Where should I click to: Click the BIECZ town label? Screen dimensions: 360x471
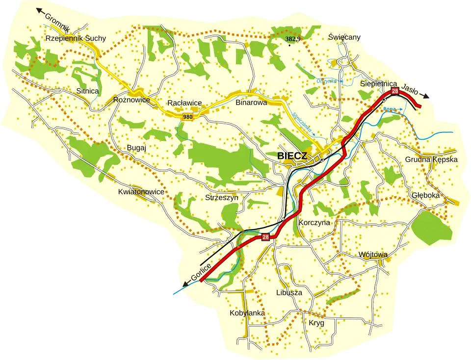[292, 156]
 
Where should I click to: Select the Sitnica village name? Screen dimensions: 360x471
[88, 91]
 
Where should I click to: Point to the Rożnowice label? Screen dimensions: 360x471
[131, 100]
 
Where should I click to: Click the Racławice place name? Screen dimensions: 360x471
[184, 103]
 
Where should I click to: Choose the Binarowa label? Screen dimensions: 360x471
[251, 103]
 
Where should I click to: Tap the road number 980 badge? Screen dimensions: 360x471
[187, 117]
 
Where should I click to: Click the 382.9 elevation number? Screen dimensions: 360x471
[293, 38]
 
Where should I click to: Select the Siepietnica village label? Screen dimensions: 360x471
[378, 84]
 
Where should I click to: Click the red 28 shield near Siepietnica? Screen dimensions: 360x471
[394, 91]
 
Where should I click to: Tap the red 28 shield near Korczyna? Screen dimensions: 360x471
[265, 237]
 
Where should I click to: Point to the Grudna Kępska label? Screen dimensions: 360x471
[431, 159]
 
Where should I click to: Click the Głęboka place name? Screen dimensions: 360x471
[425, 194]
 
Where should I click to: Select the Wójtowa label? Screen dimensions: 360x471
[373, 255]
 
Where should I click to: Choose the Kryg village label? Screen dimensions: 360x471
[316, 323]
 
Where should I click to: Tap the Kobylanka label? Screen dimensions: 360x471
[247, 313]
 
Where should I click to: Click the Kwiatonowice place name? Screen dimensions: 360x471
[141, 192]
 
